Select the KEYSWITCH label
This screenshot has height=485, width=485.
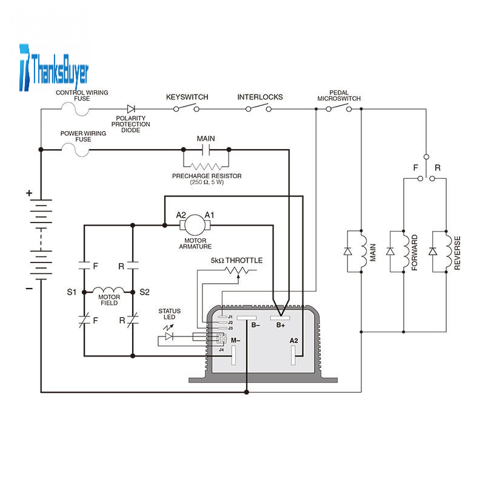coord(187,97)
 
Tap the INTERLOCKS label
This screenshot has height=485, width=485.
coord(259,97)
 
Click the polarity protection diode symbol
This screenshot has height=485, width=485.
coord(130,109)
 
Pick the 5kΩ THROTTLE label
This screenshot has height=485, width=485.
coord(236,260)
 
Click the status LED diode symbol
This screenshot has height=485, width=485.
coord(170,336)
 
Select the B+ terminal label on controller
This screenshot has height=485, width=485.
coord(281,326)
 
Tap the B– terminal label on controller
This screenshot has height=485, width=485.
coord(255,326)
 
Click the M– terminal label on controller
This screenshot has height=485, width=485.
coord(235,341)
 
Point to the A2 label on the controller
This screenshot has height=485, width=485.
coord(293,341)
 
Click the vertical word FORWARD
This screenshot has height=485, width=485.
coord(415,252)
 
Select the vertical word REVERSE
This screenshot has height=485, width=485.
coord(457,252)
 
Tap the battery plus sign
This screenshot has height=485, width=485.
coord(28,193)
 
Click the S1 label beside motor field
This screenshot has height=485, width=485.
coord(72,292)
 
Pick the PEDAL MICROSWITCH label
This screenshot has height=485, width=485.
coord(339,95)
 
